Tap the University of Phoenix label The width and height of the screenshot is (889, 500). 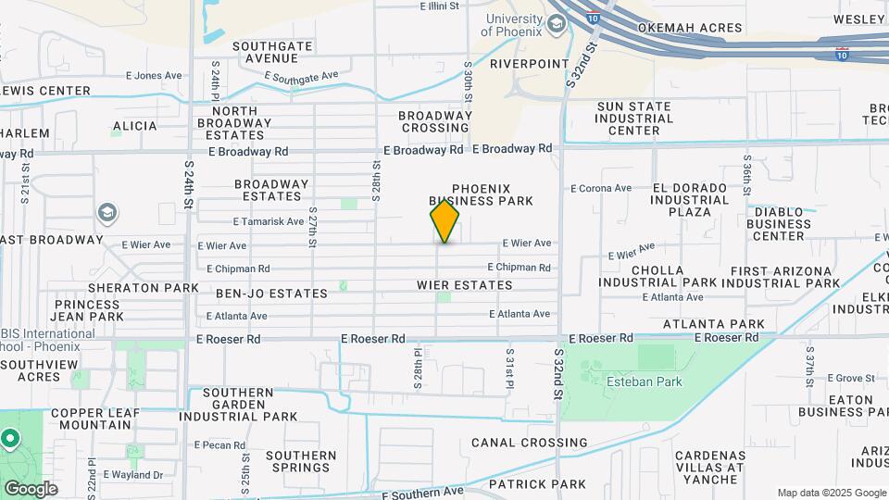515,27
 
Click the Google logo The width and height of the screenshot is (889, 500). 30,489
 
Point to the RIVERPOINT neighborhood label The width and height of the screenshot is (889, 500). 529,64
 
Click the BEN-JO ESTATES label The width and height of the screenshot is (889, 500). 271,294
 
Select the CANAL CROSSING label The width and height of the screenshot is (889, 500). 528,443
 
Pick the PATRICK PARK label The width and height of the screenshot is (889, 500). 537,484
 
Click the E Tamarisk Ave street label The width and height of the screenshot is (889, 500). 269,221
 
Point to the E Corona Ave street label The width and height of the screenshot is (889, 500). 601,188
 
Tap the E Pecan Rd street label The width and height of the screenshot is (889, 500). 219,445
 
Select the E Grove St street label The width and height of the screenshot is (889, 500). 851,378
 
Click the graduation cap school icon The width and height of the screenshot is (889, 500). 107,214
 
